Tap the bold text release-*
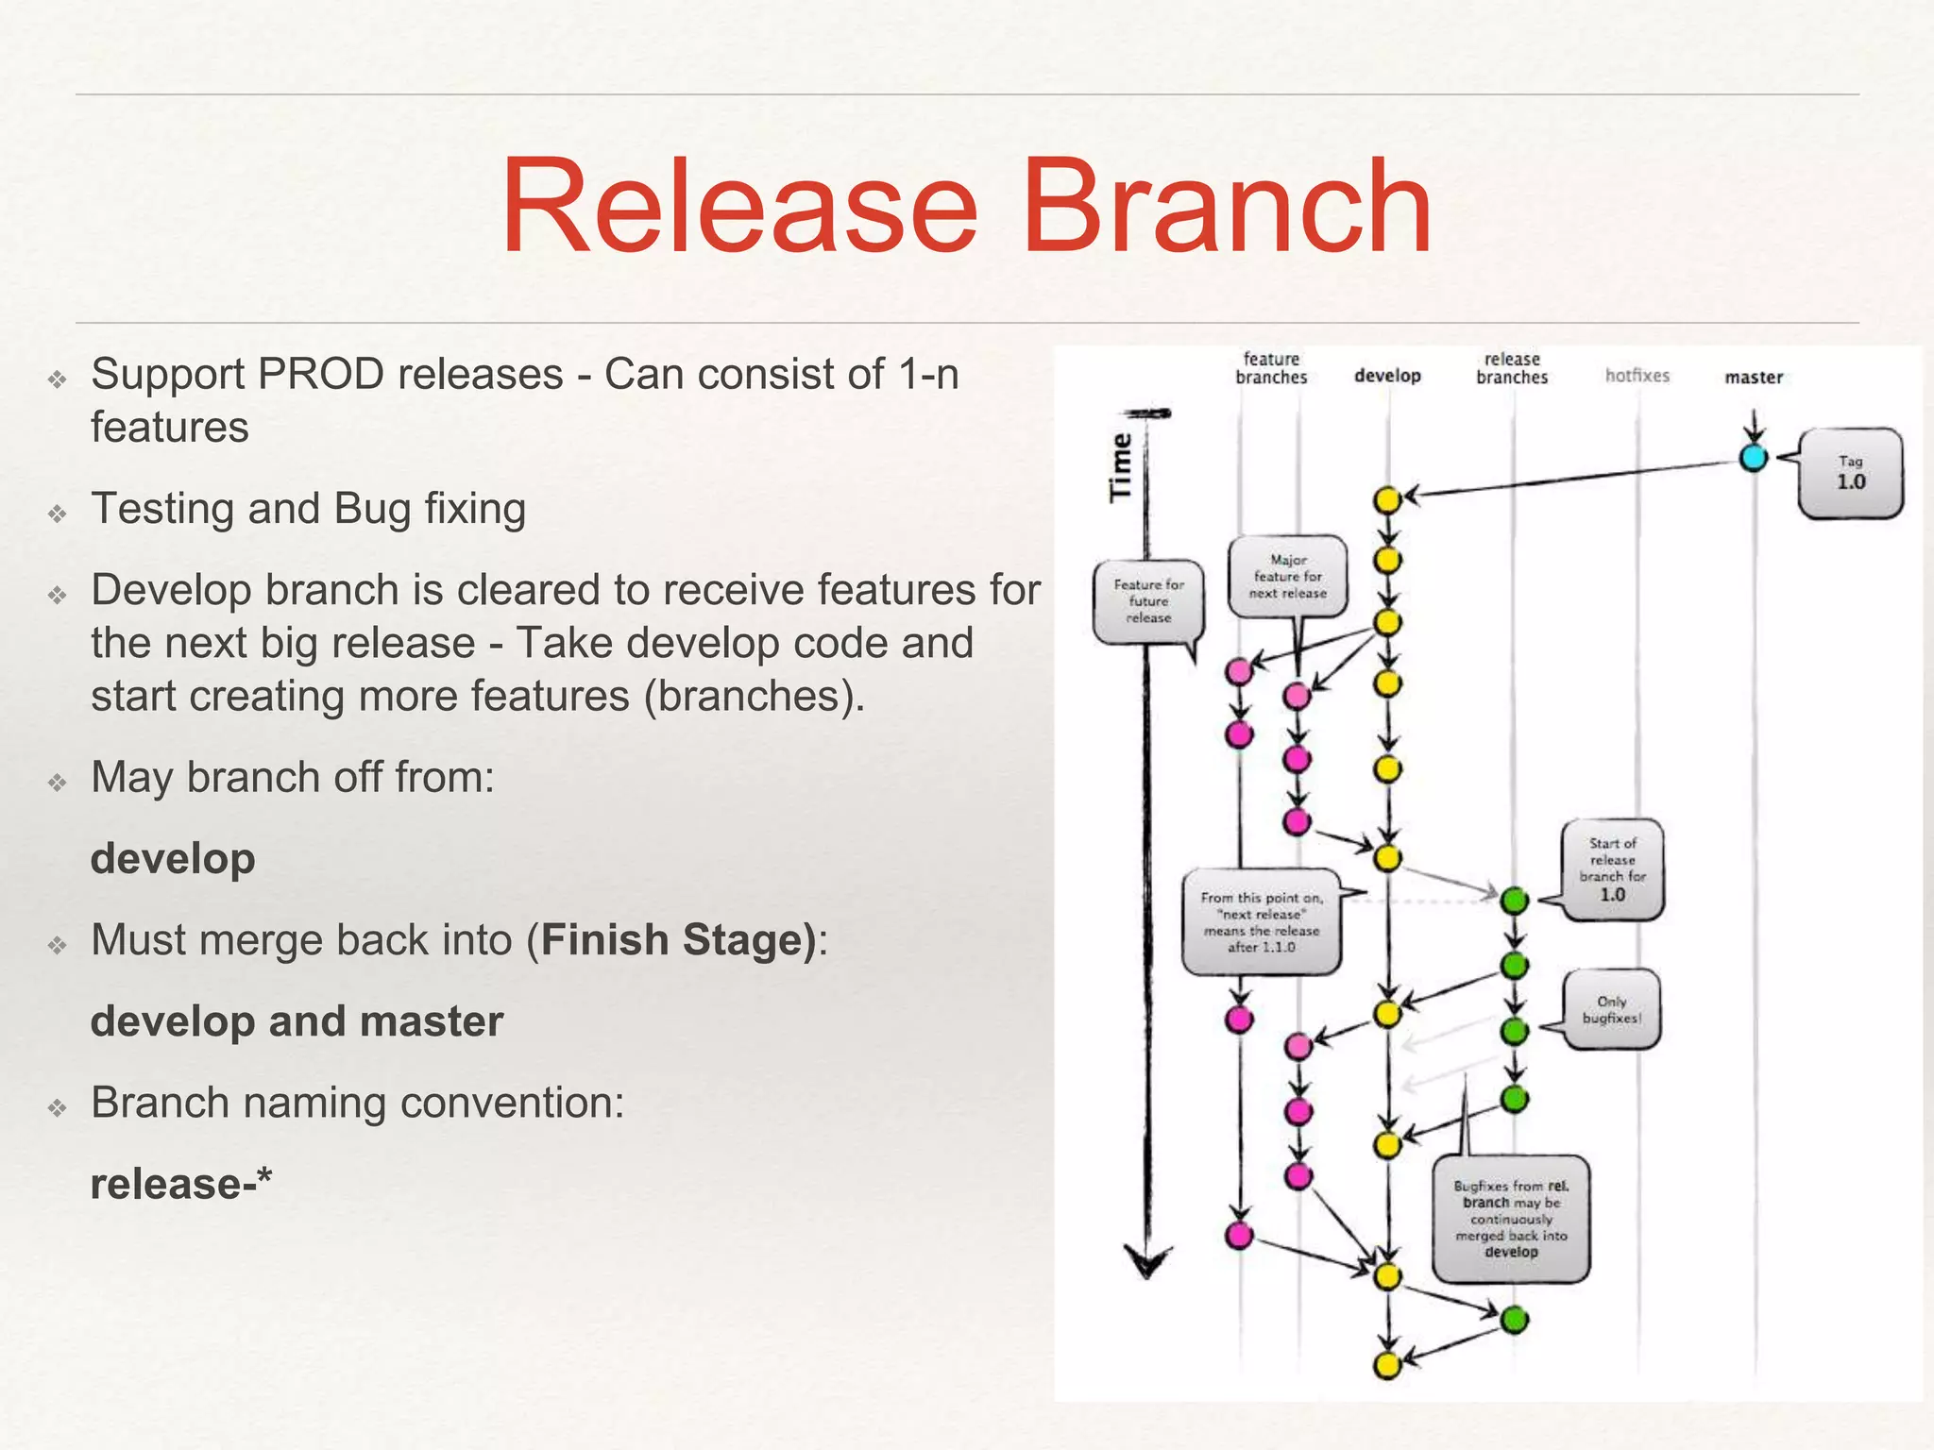click(x=180, y=1184)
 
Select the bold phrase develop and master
click(x=297, y=1021)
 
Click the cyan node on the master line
click(x=1753, y=458)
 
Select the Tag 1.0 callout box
click(x=1850, y=473)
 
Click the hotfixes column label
click(x=1637, y=376)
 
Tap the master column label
click(x=1754, y=378)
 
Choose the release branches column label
click(x=1512, y=368)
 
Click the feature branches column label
click(x=1271, y=368)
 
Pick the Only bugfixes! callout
click(x=1611, y=1009)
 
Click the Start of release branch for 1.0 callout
click(x=1612, y=869)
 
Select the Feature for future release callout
click(x=1148, y=601)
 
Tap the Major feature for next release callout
click(x=1288, y=577)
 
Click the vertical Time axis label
click(x=1120, y=467)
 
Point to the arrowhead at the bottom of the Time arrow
click(x=1147, y=1262)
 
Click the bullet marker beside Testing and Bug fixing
click(x=59, y=513)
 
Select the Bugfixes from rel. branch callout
click(x=1511, y=1219)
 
